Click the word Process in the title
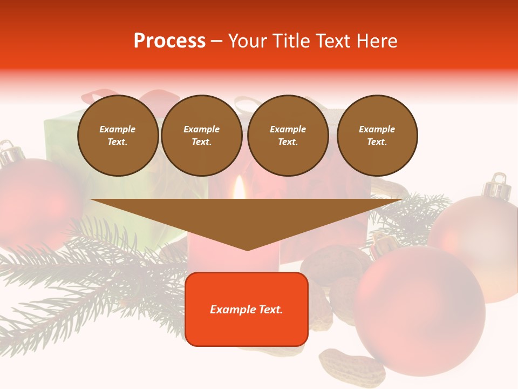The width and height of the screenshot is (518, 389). point(169,41)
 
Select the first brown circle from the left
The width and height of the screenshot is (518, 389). point(118,136)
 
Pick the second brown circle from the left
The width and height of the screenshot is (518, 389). point(201,136)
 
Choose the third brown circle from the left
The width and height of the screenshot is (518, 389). point(288,136)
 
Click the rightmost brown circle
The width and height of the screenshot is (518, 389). point(377,136)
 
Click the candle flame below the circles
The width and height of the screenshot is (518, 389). point(239,189)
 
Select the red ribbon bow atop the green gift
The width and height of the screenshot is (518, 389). point(156,100)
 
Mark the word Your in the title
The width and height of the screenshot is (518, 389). point(247,41)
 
